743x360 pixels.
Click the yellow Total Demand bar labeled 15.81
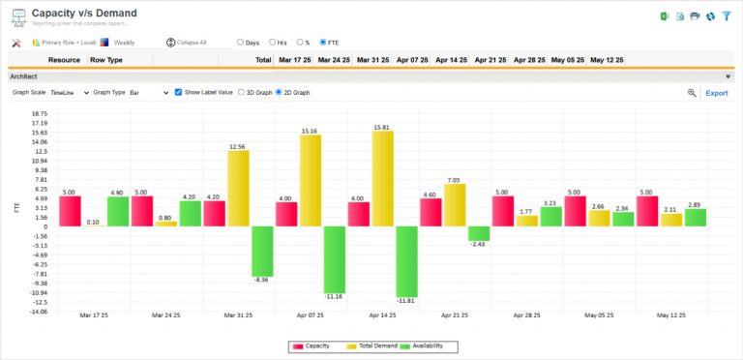tap(382, 179)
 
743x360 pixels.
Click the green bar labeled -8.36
tap(262, 251)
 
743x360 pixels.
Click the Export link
tap(716, 93)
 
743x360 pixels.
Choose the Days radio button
tap(241, 43)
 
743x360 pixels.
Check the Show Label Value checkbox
tap(178, 93)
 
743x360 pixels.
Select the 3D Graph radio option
tap(241, 93)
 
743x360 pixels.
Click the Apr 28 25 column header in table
tap(530, 60)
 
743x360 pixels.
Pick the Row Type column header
tap(106, 60)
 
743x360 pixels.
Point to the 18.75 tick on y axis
tap(40, 113)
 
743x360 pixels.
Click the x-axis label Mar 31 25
tap(238, 315)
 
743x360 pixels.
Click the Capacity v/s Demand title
tap(84, 14)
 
